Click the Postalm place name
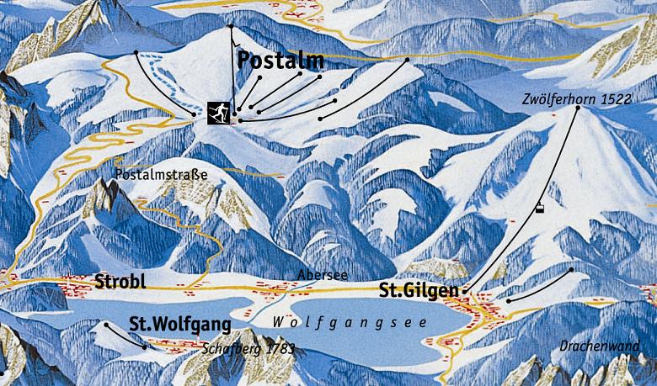click(280, 60)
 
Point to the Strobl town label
click(123, 281)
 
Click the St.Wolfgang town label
click(179, 323)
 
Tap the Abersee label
click(323, 275)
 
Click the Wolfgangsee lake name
click(350, 323)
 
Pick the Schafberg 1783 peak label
click(248, 347)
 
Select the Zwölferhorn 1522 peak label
click(575, 98)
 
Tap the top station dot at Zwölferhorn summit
click(578, 108)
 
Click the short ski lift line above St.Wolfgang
click(126, 335)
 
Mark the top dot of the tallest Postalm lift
click(230, 27)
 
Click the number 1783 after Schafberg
click(280, 347)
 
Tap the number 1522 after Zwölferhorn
click(616, 98)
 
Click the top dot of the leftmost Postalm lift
click(137, 53)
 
